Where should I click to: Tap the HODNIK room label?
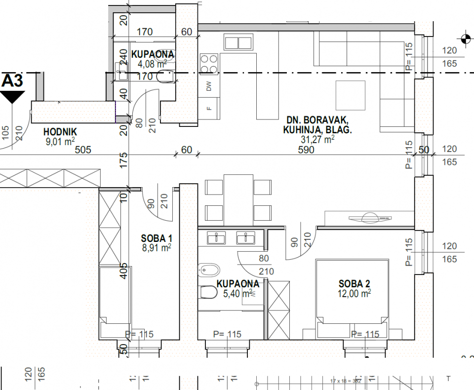pyautogui.click(x=59, y=132)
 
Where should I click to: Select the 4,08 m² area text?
pyautogui.click(x=152, y=63)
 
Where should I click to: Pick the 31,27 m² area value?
pyautogui.click(x=317, y=140)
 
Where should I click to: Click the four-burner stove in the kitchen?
pyautogui.click(x=209, y=64)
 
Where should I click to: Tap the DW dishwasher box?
pyautogui.click(x=209, y=87)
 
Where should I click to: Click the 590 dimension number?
pyautogui.click(x=306, y=151)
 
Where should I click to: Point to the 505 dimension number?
pyautogui.click(x=83, y=151)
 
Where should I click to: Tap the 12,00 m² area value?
pyautogui.click(x=354, y=293)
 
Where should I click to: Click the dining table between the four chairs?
pyautogui.click(x=238, y=198)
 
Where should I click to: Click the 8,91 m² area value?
pyautogui.click(x=156, y=248)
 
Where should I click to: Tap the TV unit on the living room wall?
pyautogui.click(x=369, y=218)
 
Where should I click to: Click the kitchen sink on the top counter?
pyautogui.click(x=238, y=42)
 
